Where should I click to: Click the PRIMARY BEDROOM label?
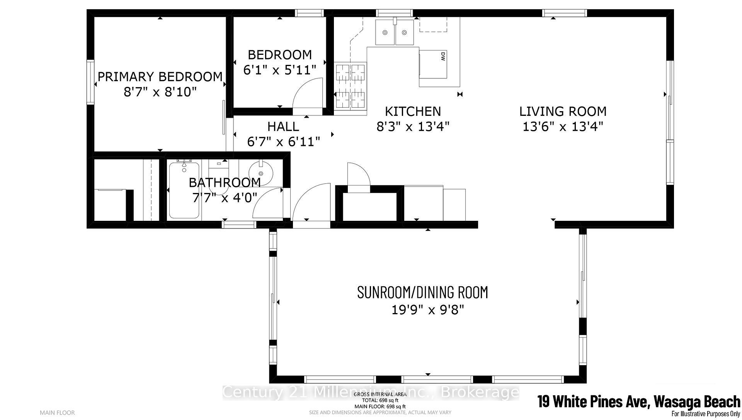click(x=160, y=77)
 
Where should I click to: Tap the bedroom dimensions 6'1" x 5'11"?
click(x=280, y=70)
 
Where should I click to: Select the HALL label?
click(x=283, y=126)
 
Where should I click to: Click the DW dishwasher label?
click(x=443, y=56)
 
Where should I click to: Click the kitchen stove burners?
click(x=350, y=86)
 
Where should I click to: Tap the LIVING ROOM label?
click(x=563, y=112)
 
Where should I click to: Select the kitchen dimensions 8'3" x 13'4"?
click(x=413, y=126)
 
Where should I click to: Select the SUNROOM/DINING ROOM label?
click(x=422, y=293)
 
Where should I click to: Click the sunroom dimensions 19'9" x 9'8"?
click(x=427, y=310)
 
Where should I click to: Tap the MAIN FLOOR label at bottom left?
click(x=57, y=413)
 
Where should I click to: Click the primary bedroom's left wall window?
click(x=90, y=82)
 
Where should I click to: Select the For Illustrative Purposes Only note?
click(x=705, y=414)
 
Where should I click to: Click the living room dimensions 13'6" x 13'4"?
click(x=563, y=126)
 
